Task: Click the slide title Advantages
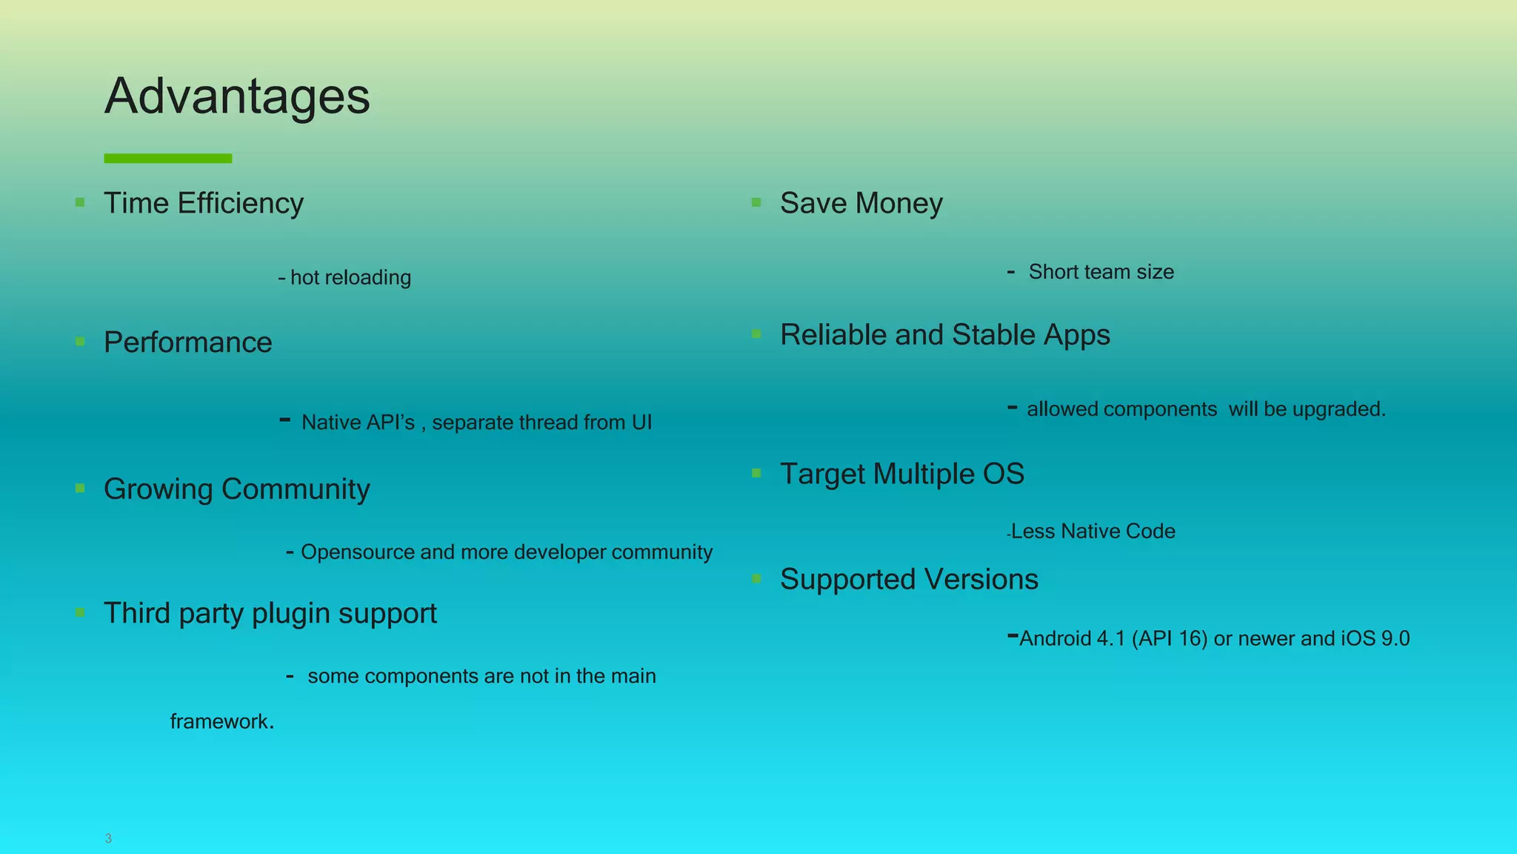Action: (237, 96)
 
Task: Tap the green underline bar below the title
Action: (168, 158)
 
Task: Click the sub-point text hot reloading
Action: (350, 277)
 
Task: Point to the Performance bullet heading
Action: (188, 342)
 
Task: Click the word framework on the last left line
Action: (219, 721)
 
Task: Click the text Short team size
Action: (1101, 272)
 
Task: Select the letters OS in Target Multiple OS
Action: (1003, 474)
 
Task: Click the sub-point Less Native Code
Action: (1093, 532)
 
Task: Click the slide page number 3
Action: (108, 838)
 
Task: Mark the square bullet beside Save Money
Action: (756, 202)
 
